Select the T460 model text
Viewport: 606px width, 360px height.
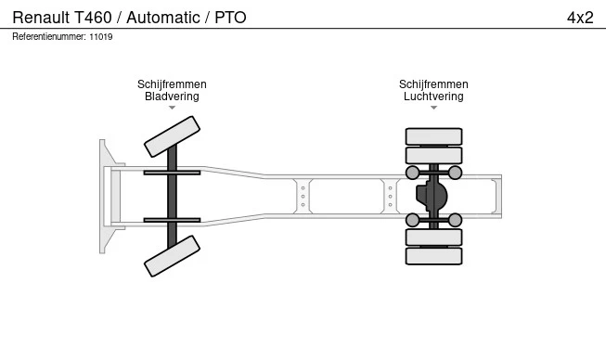93,18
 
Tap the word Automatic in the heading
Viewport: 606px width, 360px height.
163,18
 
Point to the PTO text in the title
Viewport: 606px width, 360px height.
230,18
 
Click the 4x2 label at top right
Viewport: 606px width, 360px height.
580,18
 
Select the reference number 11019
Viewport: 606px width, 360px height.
101,37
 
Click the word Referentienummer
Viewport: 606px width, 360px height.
49,37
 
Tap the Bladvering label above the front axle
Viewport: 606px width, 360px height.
172,96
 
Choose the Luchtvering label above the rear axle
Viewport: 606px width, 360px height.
433,96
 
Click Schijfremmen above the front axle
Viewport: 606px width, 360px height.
172,84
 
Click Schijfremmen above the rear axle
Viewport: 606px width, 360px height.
433,84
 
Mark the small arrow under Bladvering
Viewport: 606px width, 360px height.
172,108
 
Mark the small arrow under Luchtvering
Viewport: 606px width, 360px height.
433,108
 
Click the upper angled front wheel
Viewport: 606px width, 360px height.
172,136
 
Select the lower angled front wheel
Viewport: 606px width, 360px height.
172,256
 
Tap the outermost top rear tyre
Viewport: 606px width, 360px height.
433,136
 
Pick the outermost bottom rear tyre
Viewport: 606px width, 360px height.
433,256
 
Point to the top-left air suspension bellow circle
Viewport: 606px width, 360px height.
412,173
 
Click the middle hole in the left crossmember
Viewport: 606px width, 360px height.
303,196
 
